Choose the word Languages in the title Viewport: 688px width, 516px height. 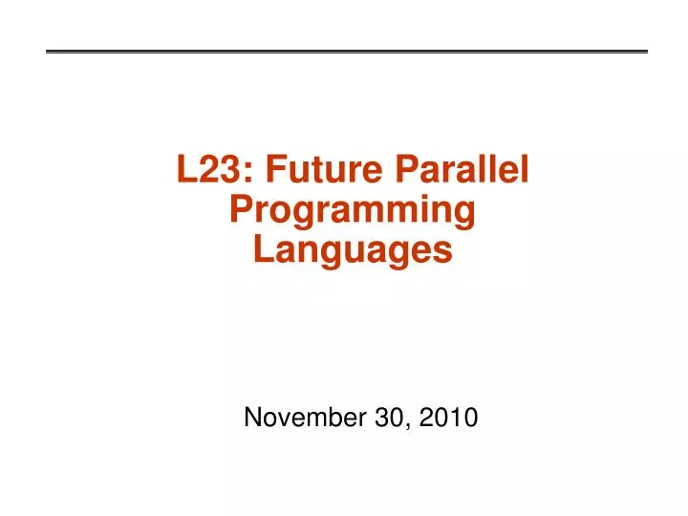point(353,250)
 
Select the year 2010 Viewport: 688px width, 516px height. point(449,418)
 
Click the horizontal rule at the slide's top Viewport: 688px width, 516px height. point(347,51)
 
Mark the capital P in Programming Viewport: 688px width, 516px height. point(242,210)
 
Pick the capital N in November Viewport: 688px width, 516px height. point(253,418)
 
